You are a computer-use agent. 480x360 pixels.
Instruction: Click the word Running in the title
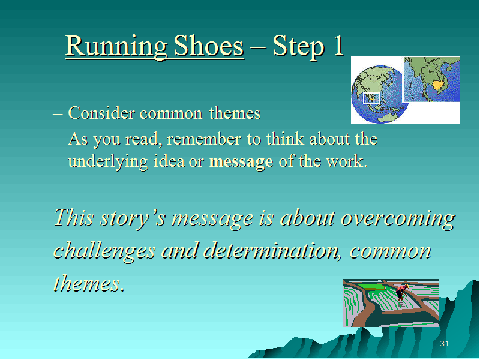pyautogui.click(x=116, y=47)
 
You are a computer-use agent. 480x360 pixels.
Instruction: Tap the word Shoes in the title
pyautogui.click(x=209, y=46)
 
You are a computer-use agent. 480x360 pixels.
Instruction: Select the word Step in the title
pyautogui.click(x=298, y=47)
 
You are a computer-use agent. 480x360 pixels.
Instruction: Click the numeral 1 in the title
pyautogui.click(x=338, y=46)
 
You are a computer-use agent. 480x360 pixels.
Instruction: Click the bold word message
pyautogui.click(x=241, y=162)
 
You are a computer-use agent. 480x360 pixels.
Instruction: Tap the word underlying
pyautogui.click(x=108, y=161)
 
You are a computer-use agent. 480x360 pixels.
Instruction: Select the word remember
pyautogui.click(x=204, y=139)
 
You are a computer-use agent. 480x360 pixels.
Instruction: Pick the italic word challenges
pyautogui.click(x=104, y=251)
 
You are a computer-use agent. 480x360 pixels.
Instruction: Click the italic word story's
pyautogui.click(x=133, y=218)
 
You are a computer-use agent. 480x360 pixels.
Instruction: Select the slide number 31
pyautogui.click(x=445, y=343)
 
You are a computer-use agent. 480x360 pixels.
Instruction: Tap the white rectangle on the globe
pyautogui.click(x=371, y=98)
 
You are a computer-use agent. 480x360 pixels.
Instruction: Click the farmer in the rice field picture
pyautogui.click(x=401, y=293)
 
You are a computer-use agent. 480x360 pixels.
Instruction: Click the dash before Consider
pyautogui.click(x=58, y=114)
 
